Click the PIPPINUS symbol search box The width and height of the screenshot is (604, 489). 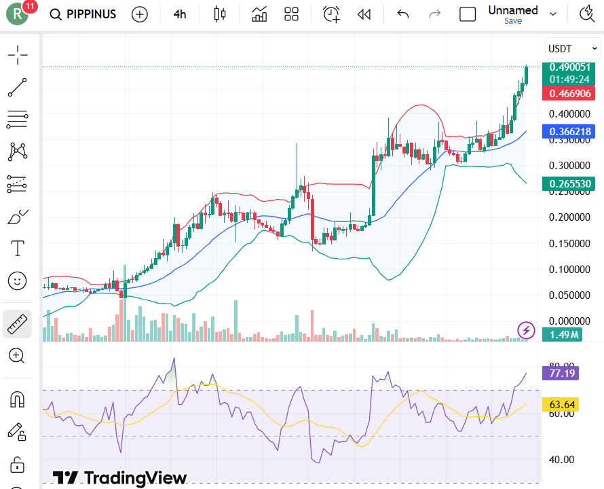click(x=83, y=14)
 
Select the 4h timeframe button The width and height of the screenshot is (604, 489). click(x=179, y=14)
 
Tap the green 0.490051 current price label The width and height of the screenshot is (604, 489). click(x=569, y=67)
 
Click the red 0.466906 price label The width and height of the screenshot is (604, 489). click(x=569, y=94)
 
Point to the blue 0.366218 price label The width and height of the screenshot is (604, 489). click(x=569, y=132)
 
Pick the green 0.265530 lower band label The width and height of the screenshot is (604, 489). click(x=569, y=183)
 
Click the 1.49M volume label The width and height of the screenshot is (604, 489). click(x=565, y=333)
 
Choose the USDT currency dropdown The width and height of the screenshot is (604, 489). click(x=573, y=48)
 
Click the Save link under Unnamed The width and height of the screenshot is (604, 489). click(x=513, y=21)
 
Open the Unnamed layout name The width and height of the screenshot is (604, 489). click(x=513, y=10)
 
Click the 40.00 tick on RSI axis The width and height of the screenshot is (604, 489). click(x=560, y=460)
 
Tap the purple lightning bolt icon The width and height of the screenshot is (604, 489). click(x=527, y=330)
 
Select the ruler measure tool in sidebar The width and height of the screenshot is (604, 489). click(x=18, y=324)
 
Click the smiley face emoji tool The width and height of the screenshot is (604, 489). click(x=18, y=280)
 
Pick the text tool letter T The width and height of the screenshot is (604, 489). click(x=18, y=249)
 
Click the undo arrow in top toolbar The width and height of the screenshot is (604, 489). click(x=403, y=14)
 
